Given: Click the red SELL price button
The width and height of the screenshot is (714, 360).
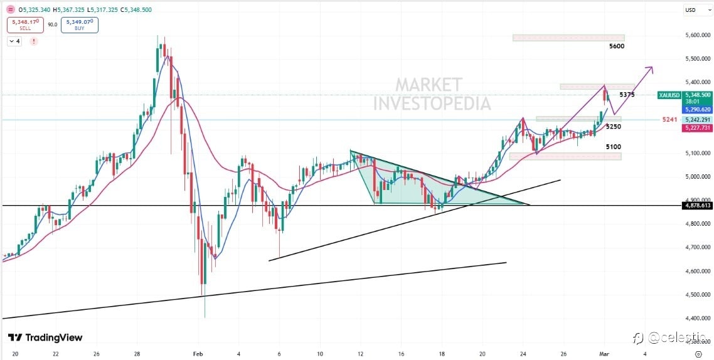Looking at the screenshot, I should coord(24,25).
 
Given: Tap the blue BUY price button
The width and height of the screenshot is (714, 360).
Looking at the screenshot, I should coord(79,25).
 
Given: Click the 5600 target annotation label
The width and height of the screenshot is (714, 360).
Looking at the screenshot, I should coord(617,46).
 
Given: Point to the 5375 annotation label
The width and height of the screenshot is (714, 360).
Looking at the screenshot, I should coord(627,95).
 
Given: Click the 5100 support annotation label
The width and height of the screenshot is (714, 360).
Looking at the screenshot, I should coord(614,147).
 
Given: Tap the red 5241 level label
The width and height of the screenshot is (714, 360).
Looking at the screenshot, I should coord(670,119).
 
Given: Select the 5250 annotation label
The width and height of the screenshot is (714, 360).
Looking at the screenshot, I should coord(614,127).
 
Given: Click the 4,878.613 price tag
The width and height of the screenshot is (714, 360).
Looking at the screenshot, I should coord(697,205).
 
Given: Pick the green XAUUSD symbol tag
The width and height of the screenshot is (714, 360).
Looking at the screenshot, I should coord(669,95).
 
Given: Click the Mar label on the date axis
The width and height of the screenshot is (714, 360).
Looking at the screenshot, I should coord(604,354).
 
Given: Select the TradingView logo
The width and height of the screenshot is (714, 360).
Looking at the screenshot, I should coord(45,337).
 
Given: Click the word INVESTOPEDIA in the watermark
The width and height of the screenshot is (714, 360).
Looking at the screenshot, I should coord(432,103).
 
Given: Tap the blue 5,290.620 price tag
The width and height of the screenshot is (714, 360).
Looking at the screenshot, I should coord(697,109).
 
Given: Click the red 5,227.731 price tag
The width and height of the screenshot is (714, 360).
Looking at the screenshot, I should coord(697,128).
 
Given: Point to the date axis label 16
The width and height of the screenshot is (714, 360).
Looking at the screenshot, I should coord(402,354).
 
